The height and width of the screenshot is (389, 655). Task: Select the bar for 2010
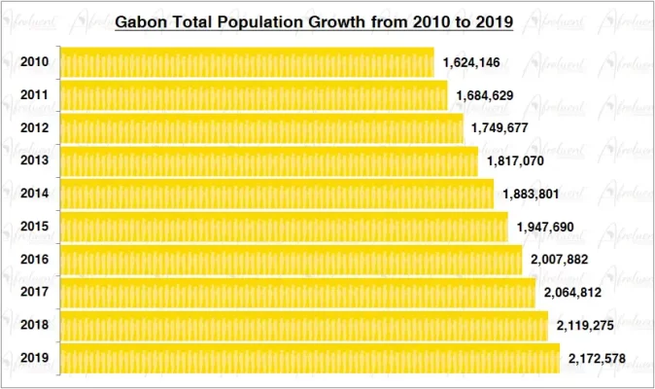click(247, 62)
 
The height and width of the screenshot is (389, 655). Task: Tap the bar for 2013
click(269, 161)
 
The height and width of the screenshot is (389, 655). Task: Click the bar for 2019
click(310, 359)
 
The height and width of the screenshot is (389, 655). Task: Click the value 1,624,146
click(471, 63)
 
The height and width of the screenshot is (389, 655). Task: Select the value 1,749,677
click(500, 127)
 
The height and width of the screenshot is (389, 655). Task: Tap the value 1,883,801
click(531, 194)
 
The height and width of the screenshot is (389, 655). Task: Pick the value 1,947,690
click(544, 228)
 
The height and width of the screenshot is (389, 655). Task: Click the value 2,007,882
click(560, 261)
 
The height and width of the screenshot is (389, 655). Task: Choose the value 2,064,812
click(572, 293)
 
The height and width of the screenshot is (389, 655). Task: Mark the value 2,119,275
click(585, 326)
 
